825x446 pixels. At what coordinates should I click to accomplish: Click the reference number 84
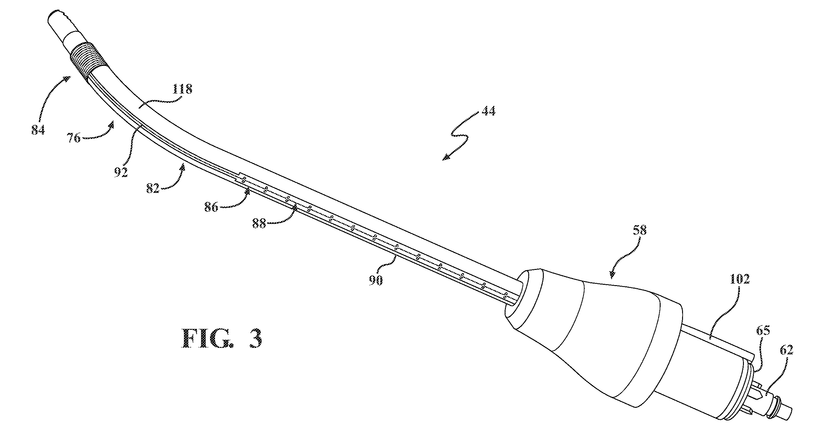(x=38, y=130)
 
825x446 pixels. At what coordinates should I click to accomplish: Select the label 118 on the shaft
(x=182, y=89)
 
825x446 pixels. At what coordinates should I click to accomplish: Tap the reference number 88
(x=259, y=223)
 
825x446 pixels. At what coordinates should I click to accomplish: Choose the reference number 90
(x=375, y=280)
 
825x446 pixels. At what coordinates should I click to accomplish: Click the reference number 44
(x=488, y=111)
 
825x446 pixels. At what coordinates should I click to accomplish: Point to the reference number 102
(x=740, y=280)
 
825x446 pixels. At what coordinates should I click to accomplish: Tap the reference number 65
(x=763, y=330)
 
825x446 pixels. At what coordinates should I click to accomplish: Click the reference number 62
(x=786, y=350)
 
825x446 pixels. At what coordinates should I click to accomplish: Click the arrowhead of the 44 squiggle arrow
(x=446, y=157)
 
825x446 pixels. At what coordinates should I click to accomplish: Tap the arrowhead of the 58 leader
(x=612, y=273)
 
